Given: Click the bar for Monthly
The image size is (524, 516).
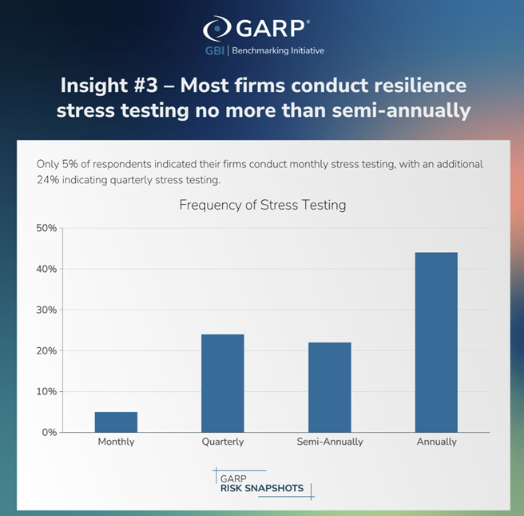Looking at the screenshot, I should click(117, 422).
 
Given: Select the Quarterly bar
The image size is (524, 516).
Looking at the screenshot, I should click(223, 383).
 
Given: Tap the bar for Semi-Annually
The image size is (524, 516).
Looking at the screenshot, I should click(330, 387).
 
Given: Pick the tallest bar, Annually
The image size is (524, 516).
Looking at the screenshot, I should click(436, 342).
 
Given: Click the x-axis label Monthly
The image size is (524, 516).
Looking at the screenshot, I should click(117, 442).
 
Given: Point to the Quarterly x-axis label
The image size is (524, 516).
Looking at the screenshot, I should click(223, 442).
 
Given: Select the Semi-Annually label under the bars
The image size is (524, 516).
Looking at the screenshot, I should click(330, 442).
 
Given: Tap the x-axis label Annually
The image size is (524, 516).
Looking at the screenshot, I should click(436, 442).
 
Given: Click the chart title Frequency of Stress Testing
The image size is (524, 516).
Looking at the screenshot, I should click(262, 205).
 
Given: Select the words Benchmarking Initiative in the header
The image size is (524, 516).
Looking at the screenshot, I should click(278, 50).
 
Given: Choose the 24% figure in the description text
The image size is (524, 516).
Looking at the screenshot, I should click(47, 180).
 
